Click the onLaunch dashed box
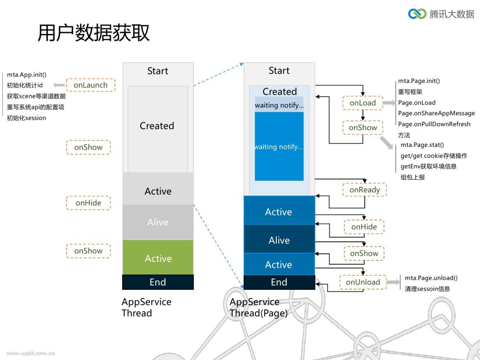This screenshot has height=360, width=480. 91,85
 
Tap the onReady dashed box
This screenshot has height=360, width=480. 364,190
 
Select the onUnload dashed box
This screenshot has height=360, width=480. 363,282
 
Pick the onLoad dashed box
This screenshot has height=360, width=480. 363,103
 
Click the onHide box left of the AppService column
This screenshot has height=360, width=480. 88,203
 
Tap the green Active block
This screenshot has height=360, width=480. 158,257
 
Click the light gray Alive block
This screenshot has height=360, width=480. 158,222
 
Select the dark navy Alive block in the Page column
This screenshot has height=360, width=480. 279,239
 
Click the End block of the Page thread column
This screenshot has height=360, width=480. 279,282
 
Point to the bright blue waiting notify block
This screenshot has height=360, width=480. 279,147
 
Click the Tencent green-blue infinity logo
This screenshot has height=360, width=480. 417,14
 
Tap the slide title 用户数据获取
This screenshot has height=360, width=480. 94,33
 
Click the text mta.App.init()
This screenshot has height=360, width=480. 27,75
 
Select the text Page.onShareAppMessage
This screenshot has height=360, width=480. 436,113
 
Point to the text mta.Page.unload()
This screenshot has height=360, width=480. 431,278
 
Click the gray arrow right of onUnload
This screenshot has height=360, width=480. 393,282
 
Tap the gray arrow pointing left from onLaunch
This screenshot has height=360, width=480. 59,85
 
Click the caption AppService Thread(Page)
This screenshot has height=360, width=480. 259,307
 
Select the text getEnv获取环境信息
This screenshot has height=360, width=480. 429,166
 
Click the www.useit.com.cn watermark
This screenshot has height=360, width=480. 31,353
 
